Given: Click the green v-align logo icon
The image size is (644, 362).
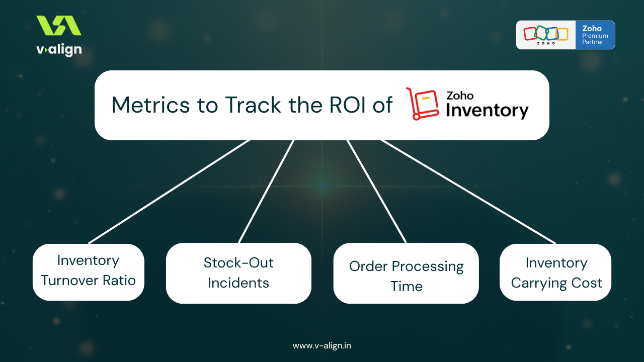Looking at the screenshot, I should pyautogui.click(x=58, y=26).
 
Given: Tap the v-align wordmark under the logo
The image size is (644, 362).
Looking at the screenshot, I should pyautogui.click(x=59, y=50).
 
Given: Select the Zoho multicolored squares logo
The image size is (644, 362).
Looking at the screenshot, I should pyautogui.click(x=546, y=34).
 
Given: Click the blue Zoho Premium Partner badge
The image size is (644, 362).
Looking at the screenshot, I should pyautogui.click(x=595, y=35).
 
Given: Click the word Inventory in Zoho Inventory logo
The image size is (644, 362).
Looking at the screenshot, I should pyautogui.click(x=487, y=111).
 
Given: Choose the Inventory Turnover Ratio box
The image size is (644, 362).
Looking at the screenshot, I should pyautogui.click(x=89, y=272).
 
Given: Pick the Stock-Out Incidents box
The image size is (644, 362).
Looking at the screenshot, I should pyautogui.click(x=238, y=273).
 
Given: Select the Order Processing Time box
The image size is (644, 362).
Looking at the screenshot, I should pyautogui.click(x=406, y=274).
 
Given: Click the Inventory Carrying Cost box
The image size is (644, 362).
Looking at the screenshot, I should pyautogui.click(x=555, y=272).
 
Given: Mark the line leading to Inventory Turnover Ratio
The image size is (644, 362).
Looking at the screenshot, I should pyautogui.click(x=169, y=192).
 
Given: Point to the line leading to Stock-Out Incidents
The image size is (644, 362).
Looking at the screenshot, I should pyautogui.click(x=266, y=192).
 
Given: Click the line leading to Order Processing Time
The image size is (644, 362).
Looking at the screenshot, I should pyautogui.click(x=376, y=192).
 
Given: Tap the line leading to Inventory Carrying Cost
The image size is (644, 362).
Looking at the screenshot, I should pyautogui.click(x=468, y=192).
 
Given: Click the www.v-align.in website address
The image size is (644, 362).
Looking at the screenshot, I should pyautogui.click(x=322, y=345).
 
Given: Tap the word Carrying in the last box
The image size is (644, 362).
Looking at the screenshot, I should pyautogui.click(x=536, y=283).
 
